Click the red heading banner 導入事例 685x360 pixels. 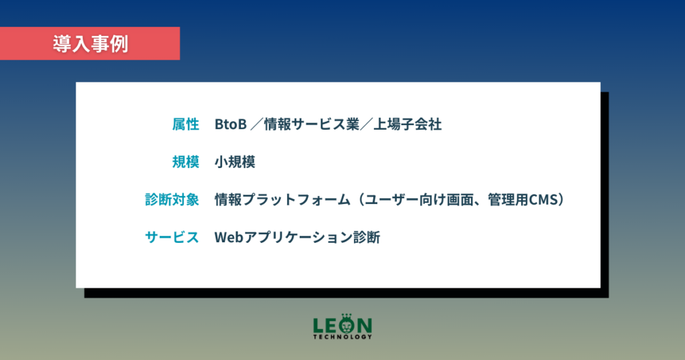coord(90,43)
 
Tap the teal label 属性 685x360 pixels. coord(186,124)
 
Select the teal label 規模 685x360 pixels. coord(186,162)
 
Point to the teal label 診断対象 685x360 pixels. coord(172,199)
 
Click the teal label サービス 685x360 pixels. coord(172,238)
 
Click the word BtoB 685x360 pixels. coord(231,124)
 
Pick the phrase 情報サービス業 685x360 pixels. coord(312,124)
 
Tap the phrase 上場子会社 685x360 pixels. coord(407,124)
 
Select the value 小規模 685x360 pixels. coord(235,162)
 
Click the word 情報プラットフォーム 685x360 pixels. coord(283,199)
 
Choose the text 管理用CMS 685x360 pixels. coord(523,199)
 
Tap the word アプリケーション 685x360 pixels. coord(298,238)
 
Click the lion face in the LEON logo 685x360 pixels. coord(347,325)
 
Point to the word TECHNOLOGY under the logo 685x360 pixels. coord(342,337)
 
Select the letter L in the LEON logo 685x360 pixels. coord(318,326)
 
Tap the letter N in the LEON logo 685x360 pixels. coord(365,326)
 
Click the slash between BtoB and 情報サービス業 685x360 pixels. coord(256,124)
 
